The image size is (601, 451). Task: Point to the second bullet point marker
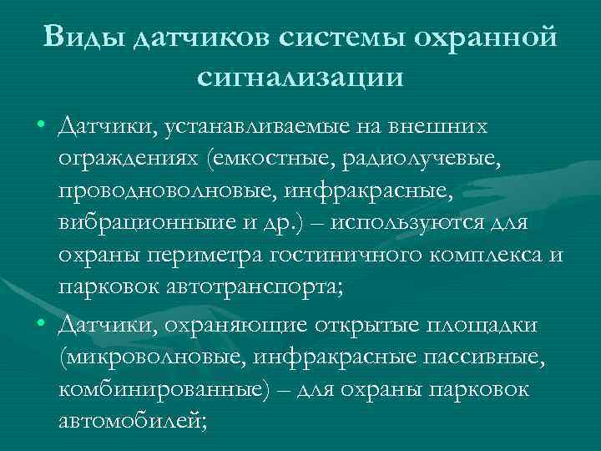pyautogui.click(x=41, y=324)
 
